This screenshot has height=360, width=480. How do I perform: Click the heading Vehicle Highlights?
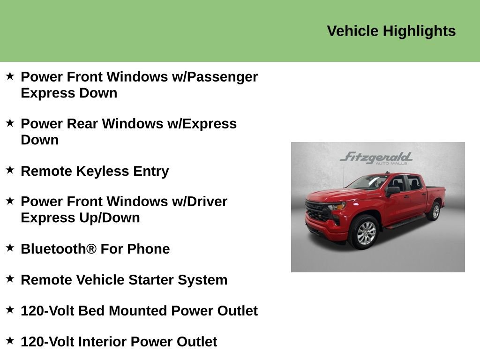[x=391, y=31]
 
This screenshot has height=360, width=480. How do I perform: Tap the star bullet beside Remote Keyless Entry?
[x=10, y=170]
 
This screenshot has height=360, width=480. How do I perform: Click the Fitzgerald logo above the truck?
[x=376, y=157]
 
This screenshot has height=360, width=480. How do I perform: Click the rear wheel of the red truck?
[x=434, y=211]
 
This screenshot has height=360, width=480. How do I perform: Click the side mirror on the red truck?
[x=392, y=190]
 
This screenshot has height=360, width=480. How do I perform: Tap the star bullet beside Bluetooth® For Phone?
[x=10, y=248]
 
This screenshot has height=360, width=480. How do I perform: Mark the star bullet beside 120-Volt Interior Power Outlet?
[x=10, y=341]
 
